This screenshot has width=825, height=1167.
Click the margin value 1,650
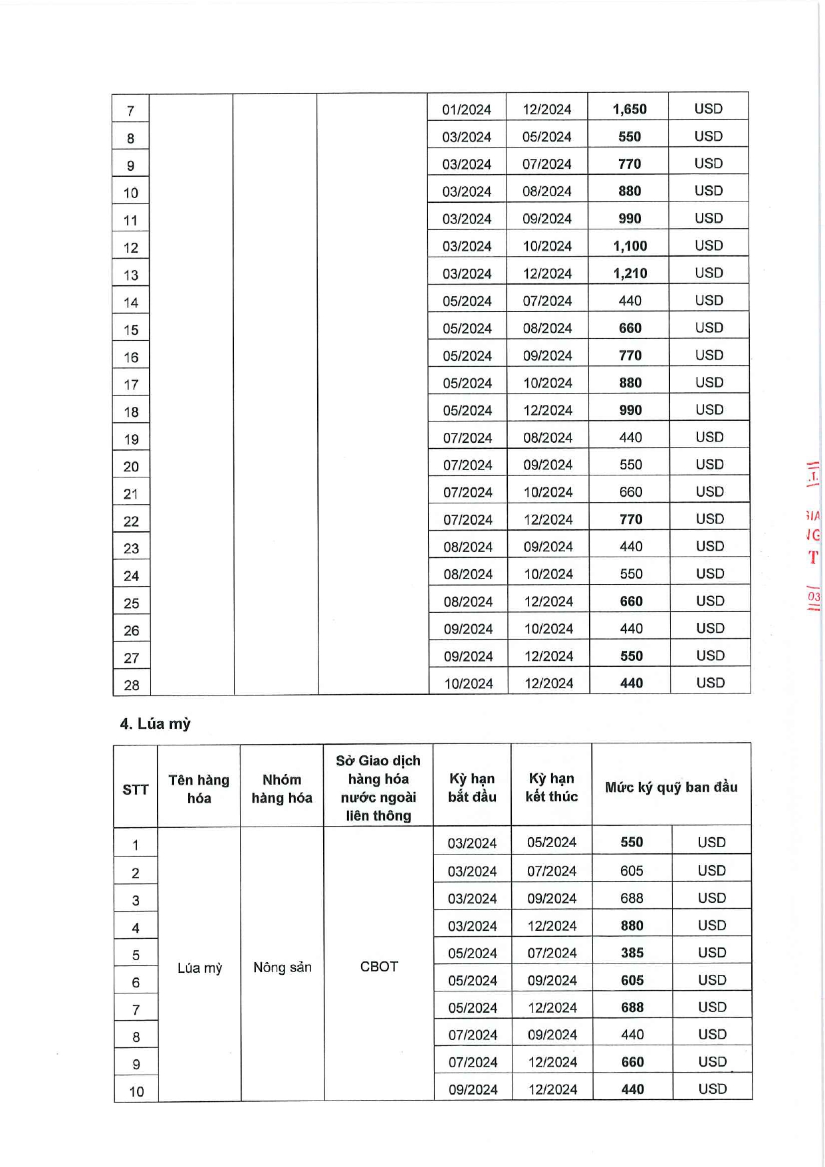point(629,109)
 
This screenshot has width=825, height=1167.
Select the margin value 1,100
point(630,246)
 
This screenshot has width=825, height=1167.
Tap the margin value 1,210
point(630,273)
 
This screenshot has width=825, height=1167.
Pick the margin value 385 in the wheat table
point(632,953)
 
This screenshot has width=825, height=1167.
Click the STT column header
point(135,789)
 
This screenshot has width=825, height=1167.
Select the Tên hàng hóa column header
point(199,789)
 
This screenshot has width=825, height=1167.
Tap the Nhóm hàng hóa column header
point(282,789)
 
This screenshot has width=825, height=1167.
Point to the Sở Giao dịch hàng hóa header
point(378,788)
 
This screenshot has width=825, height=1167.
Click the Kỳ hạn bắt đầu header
point(472,787)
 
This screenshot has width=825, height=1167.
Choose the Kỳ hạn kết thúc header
point(552,787)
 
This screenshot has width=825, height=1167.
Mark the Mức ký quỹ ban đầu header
point(671,787)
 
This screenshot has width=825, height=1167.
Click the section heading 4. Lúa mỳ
point(156,723)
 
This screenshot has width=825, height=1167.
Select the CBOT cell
point(379,967)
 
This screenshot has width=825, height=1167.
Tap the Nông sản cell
point(283,968)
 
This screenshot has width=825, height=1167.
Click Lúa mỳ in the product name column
point(199,968)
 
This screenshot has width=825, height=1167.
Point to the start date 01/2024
point(467,110)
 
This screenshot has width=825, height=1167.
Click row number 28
point(132,685)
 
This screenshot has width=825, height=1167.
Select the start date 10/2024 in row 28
point(469,684)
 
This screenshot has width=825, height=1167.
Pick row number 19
point(132,440)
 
